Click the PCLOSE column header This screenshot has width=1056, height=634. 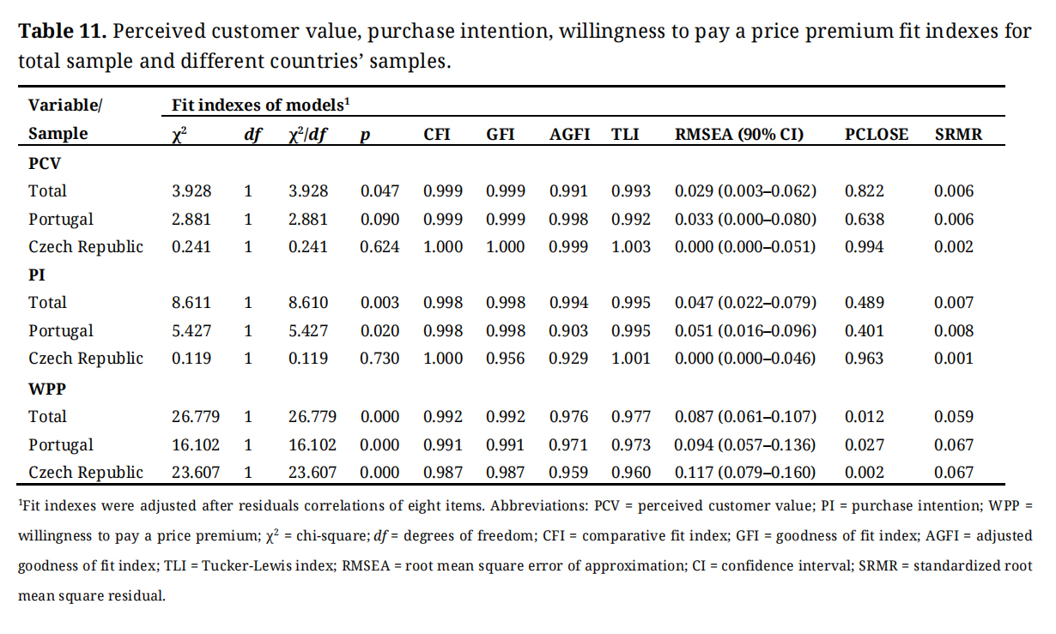click(876, 134)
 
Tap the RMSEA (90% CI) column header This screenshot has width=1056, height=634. click(739, 134)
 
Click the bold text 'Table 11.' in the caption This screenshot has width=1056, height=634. click(62, 32)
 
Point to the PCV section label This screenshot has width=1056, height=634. click(44, 162)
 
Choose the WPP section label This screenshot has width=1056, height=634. click(47, 388)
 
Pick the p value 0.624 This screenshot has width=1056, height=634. click(379, 247)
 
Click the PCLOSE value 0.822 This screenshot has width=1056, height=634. click(864, 190)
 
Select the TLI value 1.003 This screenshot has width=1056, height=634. click(631, 247)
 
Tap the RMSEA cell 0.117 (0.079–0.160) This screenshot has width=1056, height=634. click(745, 472)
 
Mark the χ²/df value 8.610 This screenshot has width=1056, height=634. click(308, 303)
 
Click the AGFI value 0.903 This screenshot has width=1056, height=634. click(569, 331)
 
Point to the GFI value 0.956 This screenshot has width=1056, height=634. click(506, 359)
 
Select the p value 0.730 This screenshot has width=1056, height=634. click(379, 359)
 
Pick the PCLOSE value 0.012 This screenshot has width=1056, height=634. click(864, 417)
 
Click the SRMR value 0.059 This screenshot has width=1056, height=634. click(954, 417)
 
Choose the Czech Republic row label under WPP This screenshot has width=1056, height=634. click(86, 472)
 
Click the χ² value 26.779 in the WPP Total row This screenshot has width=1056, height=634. click(196, 417)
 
